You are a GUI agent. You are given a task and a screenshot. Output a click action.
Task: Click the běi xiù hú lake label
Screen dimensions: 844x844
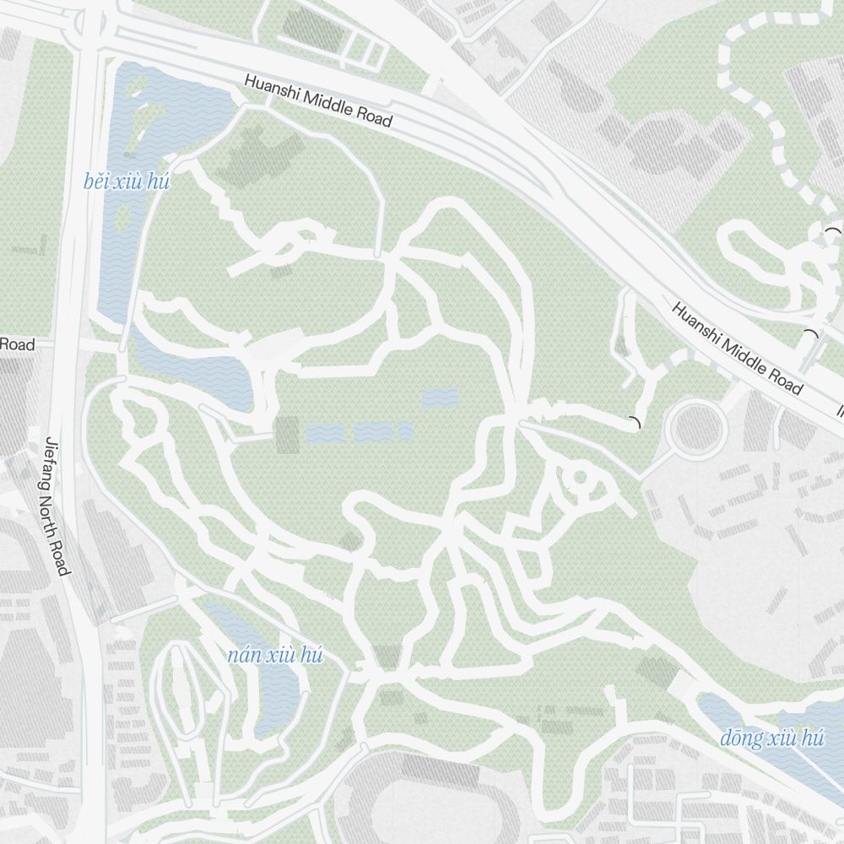127,181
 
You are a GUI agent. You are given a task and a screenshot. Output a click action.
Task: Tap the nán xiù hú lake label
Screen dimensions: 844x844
275,657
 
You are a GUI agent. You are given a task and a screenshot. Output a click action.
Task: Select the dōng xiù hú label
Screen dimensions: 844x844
771,738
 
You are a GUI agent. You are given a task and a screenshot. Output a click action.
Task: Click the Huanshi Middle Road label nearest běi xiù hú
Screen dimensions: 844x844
319,101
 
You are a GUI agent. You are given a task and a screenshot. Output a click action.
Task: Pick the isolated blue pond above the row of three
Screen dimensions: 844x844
439,397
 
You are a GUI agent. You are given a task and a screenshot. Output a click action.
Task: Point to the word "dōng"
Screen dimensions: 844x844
741,738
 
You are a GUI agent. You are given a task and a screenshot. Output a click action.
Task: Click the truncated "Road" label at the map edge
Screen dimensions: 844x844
17,344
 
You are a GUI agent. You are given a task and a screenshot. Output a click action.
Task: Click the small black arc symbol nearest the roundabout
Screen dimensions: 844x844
636,423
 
